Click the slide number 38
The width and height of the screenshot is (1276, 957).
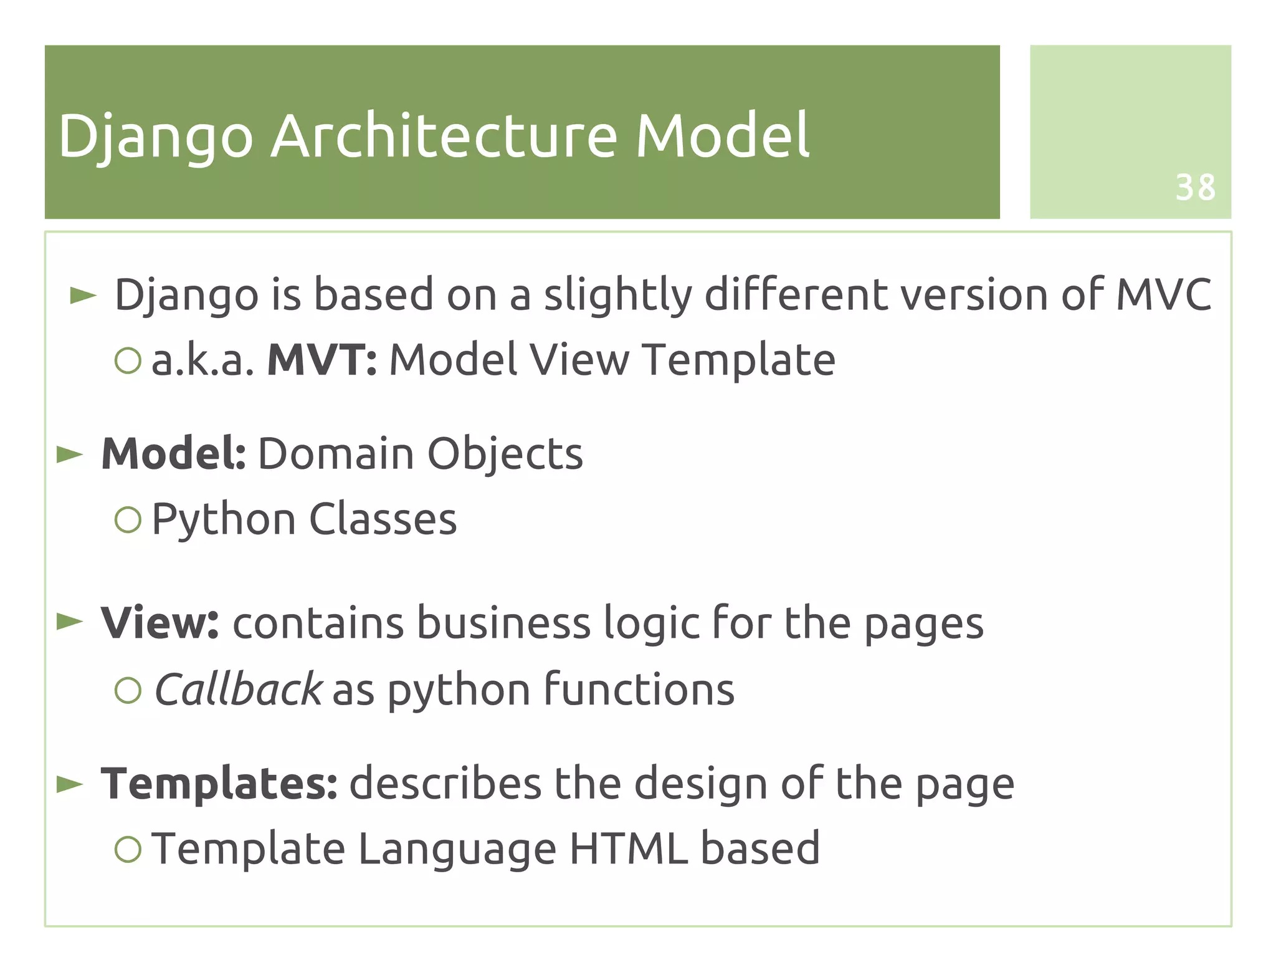click(1195, 188)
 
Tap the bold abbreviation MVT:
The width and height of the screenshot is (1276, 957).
click(321, 360)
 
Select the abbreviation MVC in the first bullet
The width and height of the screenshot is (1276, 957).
click(1163, 294)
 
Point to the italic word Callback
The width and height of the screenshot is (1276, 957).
click(238, 690)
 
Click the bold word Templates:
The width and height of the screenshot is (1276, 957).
click(219, 784)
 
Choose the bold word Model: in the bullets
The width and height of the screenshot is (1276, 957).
click(174, 453)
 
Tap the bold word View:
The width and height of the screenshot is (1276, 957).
click(160, 623)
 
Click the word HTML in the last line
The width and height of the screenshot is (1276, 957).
click(629, 849)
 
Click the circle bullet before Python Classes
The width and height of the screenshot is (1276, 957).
click(128, 519)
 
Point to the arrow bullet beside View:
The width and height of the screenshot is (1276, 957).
click(70, 622)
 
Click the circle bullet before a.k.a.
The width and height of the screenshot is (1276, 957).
click(128, 360)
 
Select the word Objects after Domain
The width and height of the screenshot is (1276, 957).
click(505, 453)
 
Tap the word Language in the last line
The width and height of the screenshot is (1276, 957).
click(457, 850)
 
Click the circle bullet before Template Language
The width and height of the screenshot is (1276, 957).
click(128, 849)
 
